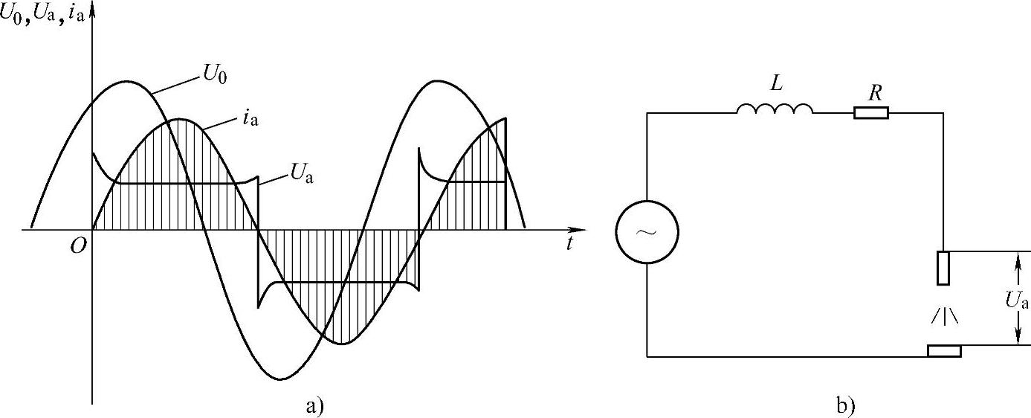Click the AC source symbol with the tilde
click(647, 231)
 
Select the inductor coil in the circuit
click(775, 111)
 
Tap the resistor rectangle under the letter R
click(870, 113)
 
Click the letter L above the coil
click(776, 84)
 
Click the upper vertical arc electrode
click(943, 268)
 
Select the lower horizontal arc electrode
click(944, 351)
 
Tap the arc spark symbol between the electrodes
click(944, 315)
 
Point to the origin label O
click(77, 246)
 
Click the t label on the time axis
click(569, 244)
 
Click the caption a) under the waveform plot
click(314, 405)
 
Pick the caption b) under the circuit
click(846, 405)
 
